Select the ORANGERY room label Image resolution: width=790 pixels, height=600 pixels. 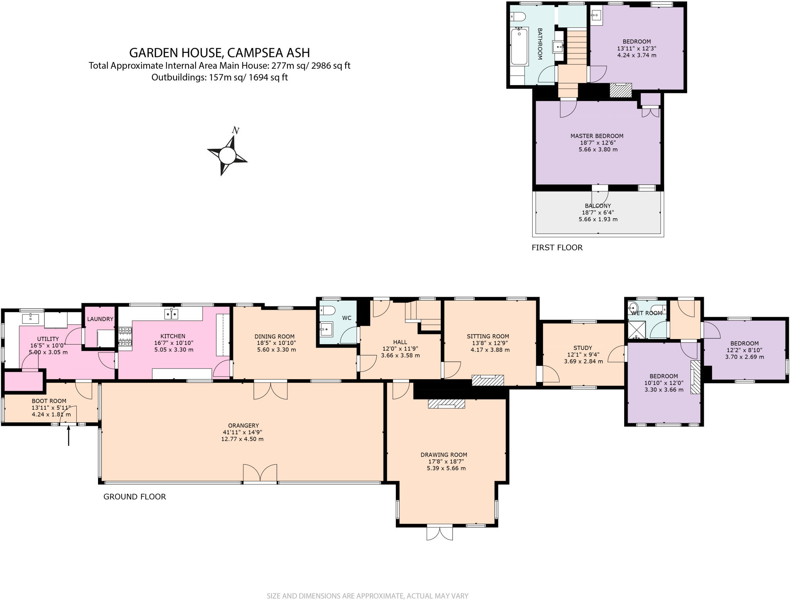pyautogui.click(x=243, y=426)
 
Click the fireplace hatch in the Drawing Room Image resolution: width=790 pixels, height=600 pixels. pyautogui.click(x=446, y=403)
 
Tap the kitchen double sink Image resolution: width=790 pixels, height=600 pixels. pyautogui.click(x=172, y=314)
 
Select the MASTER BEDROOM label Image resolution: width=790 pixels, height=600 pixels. pyautogui.click(x=597, y=136)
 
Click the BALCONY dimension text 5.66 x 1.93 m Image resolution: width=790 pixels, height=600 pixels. pyautogui.click(x=598, y=219)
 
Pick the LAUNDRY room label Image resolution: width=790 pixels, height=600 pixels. pyautogui.click(x=100, y=319)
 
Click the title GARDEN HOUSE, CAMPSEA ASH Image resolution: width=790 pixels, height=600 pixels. pyautogui.click(x=219, y=52)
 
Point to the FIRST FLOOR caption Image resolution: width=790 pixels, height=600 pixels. pyautogui.click(x=557, y=248)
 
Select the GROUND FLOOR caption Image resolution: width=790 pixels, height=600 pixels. pyautogui.click(x=135, y=497)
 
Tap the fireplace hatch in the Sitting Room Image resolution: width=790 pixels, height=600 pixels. pyautogui.click(x=488, y=380)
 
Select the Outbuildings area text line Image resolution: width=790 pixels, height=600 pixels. pyautogui.click(x=219, y=77)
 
